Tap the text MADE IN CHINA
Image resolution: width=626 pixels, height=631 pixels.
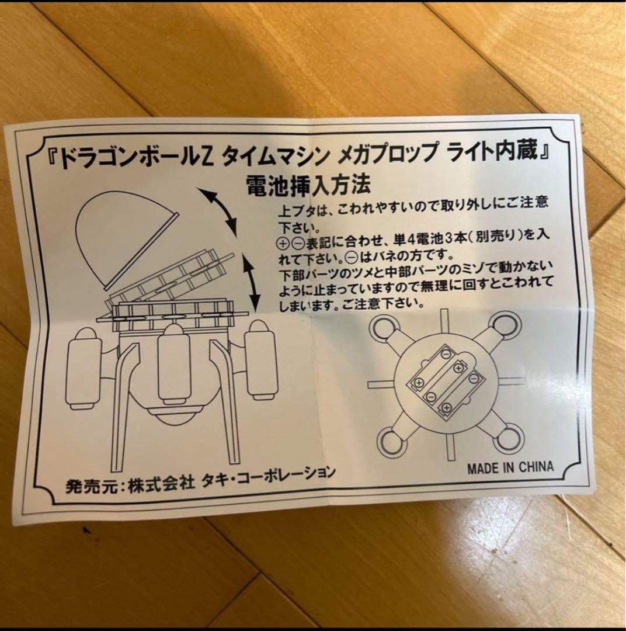[x=510, y=467]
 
